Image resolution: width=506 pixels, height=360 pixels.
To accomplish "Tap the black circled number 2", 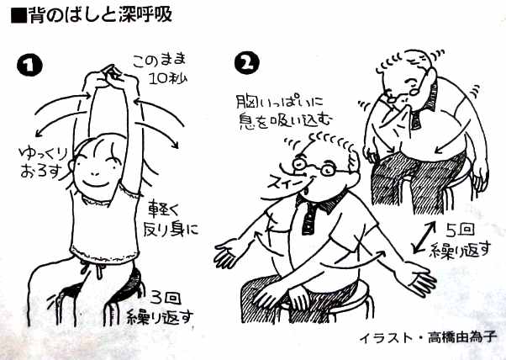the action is coord(247,63).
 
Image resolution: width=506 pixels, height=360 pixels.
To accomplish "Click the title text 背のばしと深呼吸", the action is coord(92,15).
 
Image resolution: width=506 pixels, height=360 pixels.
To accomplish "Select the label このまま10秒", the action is coord(160,69).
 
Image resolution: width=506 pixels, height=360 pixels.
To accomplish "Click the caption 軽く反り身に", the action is coord(171,218).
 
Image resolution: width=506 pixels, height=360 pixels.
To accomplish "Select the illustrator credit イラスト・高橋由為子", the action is coord(428,338).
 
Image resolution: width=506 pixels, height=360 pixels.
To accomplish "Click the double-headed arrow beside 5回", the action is coord(424,236).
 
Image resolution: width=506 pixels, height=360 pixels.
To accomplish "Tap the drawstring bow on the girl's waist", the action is coord(94,268).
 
